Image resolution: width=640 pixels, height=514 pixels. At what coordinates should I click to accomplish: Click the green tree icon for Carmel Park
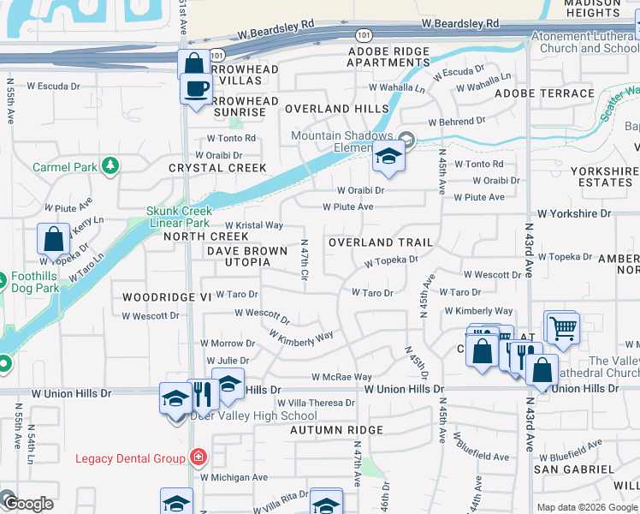pyautogui.click(x=110, y=165)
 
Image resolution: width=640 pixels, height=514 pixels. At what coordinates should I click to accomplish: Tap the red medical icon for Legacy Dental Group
pyautogui.click(x=199, y=457)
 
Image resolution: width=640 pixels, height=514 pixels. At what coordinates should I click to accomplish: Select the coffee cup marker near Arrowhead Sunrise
pyautogui.click(x=196, y=87)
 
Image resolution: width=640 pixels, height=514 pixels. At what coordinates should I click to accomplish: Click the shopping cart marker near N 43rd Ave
pyautogui.click(x=562, y=327)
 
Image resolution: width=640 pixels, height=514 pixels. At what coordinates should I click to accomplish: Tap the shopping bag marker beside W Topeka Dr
pyautogui.click(x=53, y=241)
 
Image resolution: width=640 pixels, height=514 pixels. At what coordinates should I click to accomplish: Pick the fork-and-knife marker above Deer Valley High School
pyautogui.click(x=202, y=395)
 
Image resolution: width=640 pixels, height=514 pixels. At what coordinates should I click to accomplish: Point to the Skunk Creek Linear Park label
pyautogui.click(x=178, y=217)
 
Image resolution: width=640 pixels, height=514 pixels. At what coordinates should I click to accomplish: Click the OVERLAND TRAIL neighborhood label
pyautogui.click(x=381, y=243)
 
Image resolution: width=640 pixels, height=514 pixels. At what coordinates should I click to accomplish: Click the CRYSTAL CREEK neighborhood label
pyautogui.click(x=217, y=168)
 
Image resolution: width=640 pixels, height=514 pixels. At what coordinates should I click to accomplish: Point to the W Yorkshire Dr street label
pyautogui.click(x=574, y=213)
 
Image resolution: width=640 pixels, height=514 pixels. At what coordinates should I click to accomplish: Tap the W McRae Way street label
pyautogui.click(x=341, y=377)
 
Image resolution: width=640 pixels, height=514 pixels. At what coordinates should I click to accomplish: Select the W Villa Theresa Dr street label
pyautogui.click(x=316, y=403)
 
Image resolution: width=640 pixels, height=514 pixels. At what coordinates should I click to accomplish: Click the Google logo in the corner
pyautogui.click(x=28, y=504)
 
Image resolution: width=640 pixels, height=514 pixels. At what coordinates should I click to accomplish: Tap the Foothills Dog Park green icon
pyautogui.click(x=3, y=278)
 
